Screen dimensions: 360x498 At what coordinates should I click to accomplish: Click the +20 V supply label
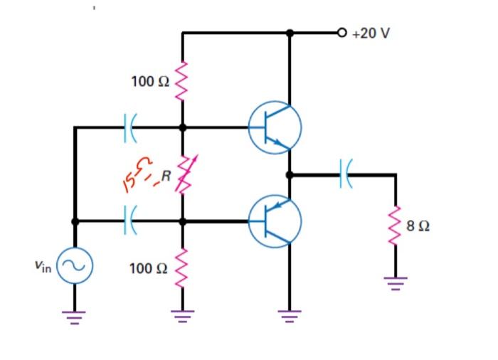(x=371, y=34)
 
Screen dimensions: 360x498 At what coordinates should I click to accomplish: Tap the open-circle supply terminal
(x=342, y=33)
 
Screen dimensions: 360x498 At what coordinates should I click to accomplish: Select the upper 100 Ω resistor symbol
(x=182, y=80)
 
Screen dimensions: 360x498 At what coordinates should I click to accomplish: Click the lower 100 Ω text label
(x=149, y=268)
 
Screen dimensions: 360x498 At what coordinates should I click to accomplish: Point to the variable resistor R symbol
(x=183, y=174)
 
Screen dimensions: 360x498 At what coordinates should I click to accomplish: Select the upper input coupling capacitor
(x=129, y=128)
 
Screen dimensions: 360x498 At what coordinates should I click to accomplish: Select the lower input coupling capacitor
(x=129, y=221)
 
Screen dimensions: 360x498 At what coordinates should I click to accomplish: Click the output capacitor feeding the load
(x=345, y=174)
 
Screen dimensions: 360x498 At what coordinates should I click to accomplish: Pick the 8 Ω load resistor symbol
(x=396, y=226)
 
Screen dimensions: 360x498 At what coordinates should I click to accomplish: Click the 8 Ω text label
(x=418, y=227)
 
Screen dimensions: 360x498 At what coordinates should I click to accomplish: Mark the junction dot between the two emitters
(x=290, y=174)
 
